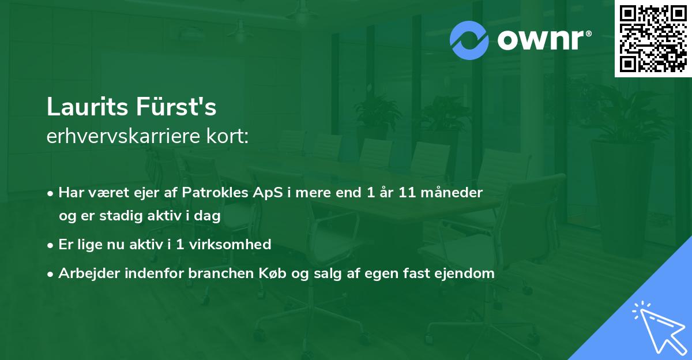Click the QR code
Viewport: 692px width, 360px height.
tap(653, 39)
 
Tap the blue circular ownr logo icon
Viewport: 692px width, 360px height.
tap(469, 40)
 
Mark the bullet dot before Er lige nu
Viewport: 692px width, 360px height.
tap(51, 245)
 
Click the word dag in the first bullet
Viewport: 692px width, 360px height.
tap(210, 216)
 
